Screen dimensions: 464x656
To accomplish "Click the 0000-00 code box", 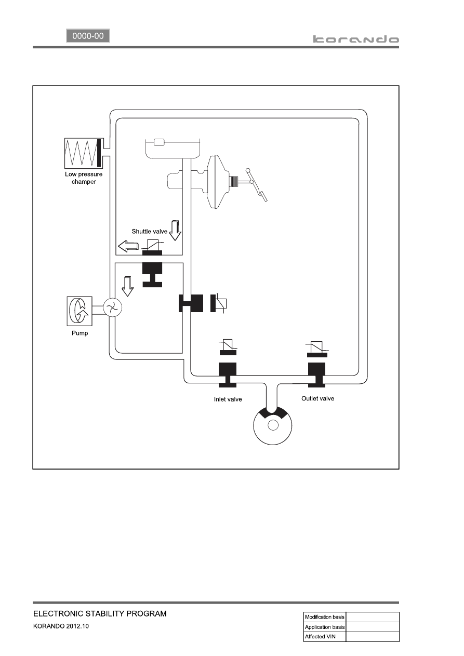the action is pos(88,36).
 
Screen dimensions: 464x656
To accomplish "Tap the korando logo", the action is pos(356,39).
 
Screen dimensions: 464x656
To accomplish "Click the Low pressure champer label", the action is pos(84,178).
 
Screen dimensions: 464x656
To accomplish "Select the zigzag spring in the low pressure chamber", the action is pos(81,153).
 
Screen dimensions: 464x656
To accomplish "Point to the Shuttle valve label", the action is pos(150,231).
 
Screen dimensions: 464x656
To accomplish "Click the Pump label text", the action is pos(79,333).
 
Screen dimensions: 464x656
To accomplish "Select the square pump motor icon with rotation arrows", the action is pos(79,311).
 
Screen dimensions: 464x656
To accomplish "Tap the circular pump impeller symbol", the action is pos(112,307).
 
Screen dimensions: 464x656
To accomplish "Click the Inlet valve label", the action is pos(228,399).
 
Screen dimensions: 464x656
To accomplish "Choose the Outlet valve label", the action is pos(318,398).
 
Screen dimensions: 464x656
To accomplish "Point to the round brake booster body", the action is pos(218,182).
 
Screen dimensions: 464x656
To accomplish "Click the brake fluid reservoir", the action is pos(173,148).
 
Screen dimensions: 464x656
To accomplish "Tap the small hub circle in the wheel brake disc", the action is pos(273,425).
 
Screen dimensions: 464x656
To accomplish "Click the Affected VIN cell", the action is pos(325,636).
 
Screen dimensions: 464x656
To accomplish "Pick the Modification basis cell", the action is pos(325,617).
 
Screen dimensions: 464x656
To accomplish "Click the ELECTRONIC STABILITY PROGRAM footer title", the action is pos(100,613).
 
